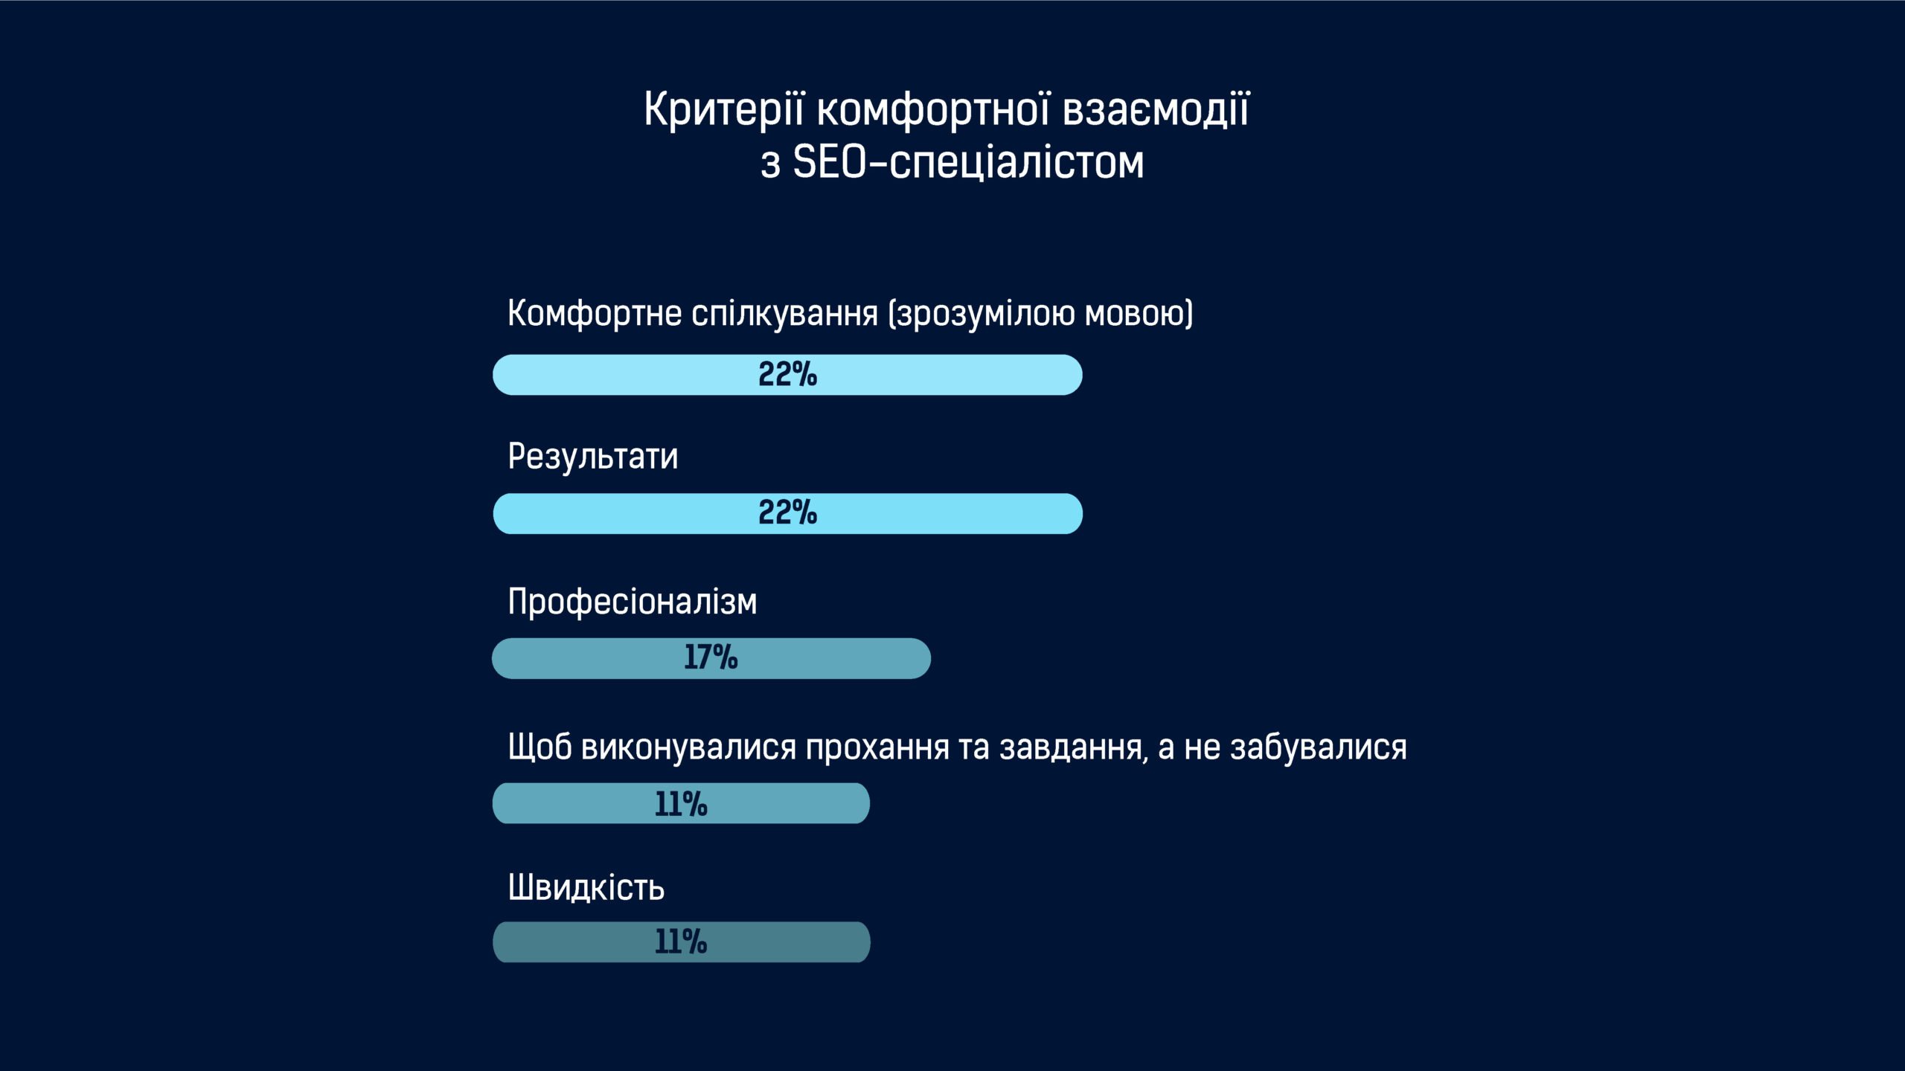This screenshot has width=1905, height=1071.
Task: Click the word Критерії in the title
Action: tap(724, 110)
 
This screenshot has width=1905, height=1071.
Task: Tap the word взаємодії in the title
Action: tap(1156, 110)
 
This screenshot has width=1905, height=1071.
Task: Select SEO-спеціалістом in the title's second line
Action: tap(968, 162)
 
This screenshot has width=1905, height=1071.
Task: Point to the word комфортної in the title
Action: tap(934, 110)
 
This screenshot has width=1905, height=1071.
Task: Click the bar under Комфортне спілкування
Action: tap(787, 375)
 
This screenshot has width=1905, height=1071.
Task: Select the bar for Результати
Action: tap(787, 513)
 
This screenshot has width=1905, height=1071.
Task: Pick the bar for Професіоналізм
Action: tap(711, 658)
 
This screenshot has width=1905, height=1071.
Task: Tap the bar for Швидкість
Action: tap(682, 942)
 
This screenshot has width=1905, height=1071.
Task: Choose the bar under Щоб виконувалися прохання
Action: tap(681, 803)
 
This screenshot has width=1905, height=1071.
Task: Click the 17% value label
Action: tap(711, 657)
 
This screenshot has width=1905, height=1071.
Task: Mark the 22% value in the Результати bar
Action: tap(788, 512)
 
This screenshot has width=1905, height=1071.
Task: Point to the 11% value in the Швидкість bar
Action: tap(681, 942)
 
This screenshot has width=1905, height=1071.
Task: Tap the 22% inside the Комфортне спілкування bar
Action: tap(788, 374)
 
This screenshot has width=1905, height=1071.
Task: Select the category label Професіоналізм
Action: tap(633, 602)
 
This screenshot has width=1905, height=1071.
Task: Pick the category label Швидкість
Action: tap(586, 887)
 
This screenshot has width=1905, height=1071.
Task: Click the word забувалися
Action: tap(1319, 747)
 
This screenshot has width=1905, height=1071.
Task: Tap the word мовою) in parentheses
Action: tap(1139, 314)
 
